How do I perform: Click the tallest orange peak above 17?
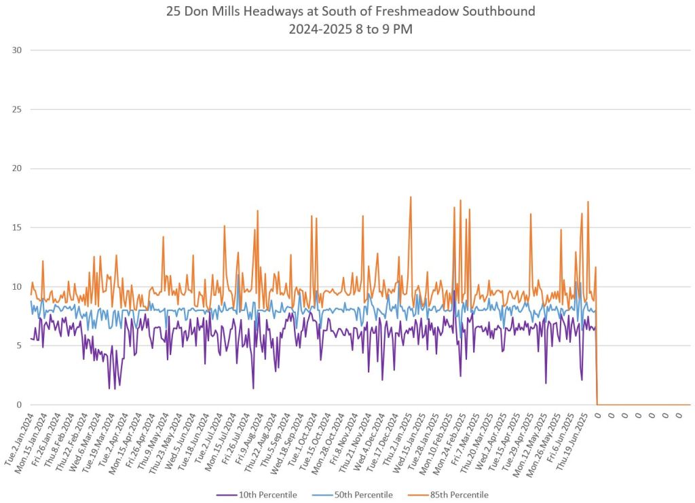tap(411, 198)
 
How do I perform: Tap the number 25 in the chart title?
tap(173, 12)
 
